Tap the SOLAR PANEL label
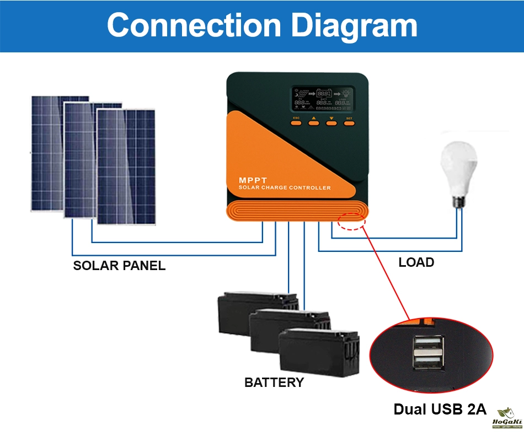coord(119,266)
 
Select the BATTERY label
coord(274,382)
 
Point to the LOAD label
coord(416,262)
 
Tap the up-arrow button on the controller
coord(314,122)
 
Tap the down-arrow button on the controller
coord(331,122)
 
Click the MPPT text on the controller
coord(252,180)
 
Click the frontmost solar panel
coord(126,165)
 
